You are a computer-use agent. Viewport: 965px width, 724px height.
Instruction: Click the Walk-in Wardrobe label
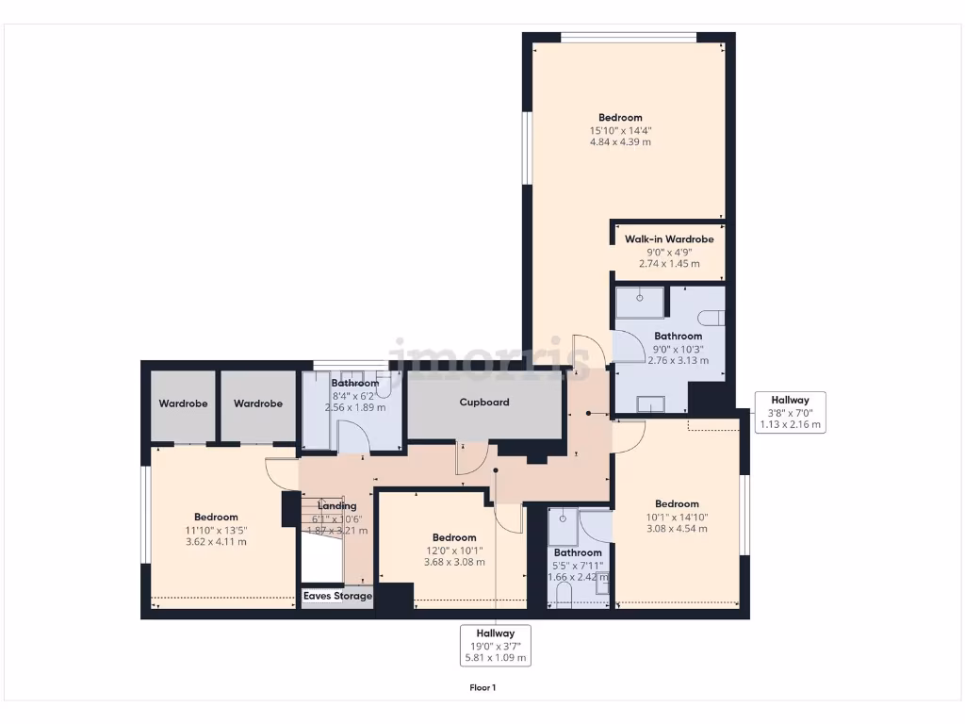(x=669, y=239)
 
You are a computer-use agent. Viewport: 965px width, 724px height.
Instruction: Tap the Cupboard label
(x=484, y=403)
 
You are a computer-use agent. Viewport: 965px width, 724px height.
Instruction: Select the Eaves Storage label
(x=337, y=597)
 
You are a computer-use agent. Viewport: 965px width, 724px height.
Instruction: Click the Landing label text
(x=336, y=506)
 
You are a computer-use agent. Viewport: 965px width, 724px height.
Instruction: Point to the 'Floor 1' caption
(x=482, y=688)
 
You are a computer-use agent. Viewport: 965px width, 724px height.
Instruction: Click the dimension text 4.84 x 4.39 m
(x=620, y=142)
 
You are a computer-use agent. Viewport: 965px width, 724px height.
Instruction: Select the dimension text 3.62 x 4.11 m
(x=216, y=542)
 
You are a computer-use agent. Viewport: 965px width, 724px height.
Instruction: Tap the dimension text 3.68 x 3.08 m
(x=454, y=563)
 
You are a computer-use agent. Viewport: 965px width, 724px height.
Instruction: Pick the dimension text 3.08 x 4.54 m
(x=677, y=529)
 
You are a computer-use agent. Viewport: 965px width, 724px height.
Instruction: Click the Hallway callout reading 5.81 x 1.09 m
(x=495, y=646)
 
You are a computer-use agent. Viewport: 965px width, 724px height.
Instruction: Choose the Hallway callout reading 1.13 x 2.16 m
(x=791, y=412)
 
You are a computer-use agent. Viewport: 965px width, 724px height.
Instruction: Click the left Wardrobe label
(x=183, y=403)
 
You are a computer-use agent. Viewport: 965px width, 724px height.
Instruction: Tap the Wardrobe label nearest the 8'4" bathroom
(x=258, y=403)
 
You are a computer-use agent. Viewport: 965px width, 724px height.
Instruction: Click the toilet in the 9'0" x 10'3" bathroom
(x=717, y=318)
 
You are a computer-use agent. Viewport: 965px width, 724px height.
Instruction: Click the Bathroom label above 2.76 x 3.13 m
(x=678, y=337)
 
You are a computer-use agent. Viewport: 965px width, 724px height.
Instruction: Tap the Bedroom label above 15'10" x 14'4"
(x=620, y=118)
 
